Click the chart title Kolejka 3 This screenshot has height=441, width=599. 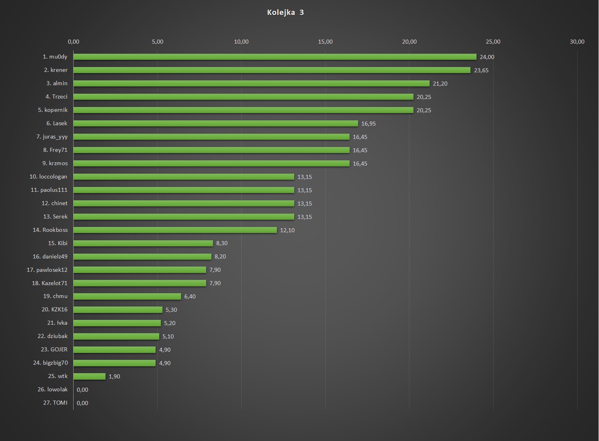(285, 13)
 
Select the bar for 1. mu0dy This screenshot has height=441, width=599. (275, 57)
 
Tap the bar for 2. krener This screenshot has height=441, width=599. (272, 70)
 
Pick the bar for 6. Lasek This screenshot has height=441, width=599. (215, 124)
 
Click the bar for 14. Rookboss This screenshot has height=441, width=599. (175, 230)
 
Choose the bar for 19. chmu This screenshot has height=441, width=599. (127, 296)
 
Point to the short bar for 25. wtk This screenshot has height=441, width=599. (89, 376)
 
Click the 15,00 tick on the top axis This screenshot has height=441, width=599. (325, 42)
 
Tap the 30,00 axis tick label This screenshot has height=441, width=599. (577, 42)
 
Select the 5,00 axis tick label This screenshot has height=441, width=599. (158, 42)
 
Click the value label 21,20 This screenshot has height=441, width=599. (440, 84)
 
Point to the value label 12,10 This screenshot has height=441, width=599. (287, 230)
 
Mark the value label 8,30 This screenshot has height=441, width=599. (222, 243)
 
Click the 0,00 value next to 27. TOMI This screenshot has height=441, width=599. (82, 403)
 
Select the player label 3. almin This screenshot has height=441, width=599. (57, 83)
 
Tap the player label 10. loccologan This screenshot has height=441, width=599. (49, 176)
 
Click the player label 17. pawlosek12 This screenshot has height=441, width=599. (47, 270)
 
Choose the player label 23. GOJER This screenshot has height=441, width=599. (54, 349)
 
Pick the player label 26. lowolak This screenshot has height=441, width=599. (53, 389)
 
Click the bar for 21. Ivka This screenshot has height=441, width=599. (117, 323)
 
